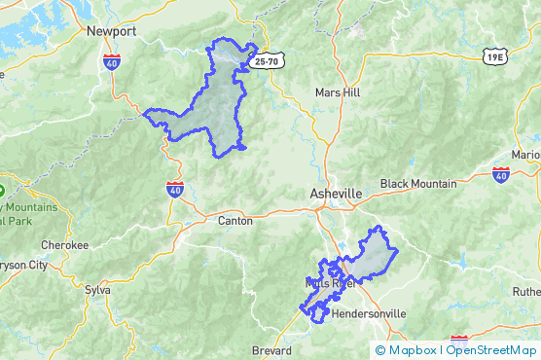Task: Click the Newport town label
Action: coord(111,31)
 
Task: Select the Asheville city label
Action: coord(336,195)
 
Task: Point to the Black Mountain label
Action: coord(417,184)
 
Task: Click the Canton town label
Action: coord(235,221)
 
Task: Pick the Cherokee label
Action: coord(64,245)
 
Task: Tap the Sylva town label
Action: coord(98,289)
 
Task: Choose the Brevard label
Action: coord(271,350)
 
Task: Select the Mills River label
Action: coord(329,283)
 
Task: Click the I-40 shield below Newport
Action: coord(112,60)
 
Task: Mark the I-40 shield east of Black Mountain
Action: coord(500,174)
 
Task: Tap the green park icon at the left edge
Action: coord(3,189)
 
